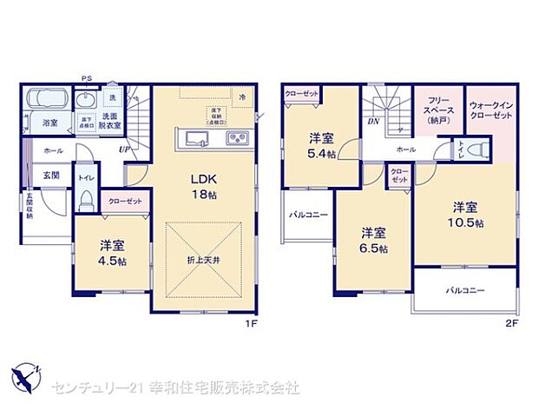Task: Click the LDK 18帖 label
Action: click(204, 187)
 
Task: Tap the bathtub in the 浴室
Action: click(51, 101)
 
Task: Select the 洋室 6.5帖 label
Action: click(374, 239)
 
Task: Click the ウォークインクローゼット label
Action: click(490, 113)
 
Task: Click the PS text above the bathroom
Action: click(87, 76)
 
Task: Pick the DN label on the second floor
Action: click(373, 123)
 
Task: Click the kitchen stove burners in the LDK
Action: click(238, 139)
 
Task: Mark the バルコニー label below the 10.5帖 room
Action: click(466, 290)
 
